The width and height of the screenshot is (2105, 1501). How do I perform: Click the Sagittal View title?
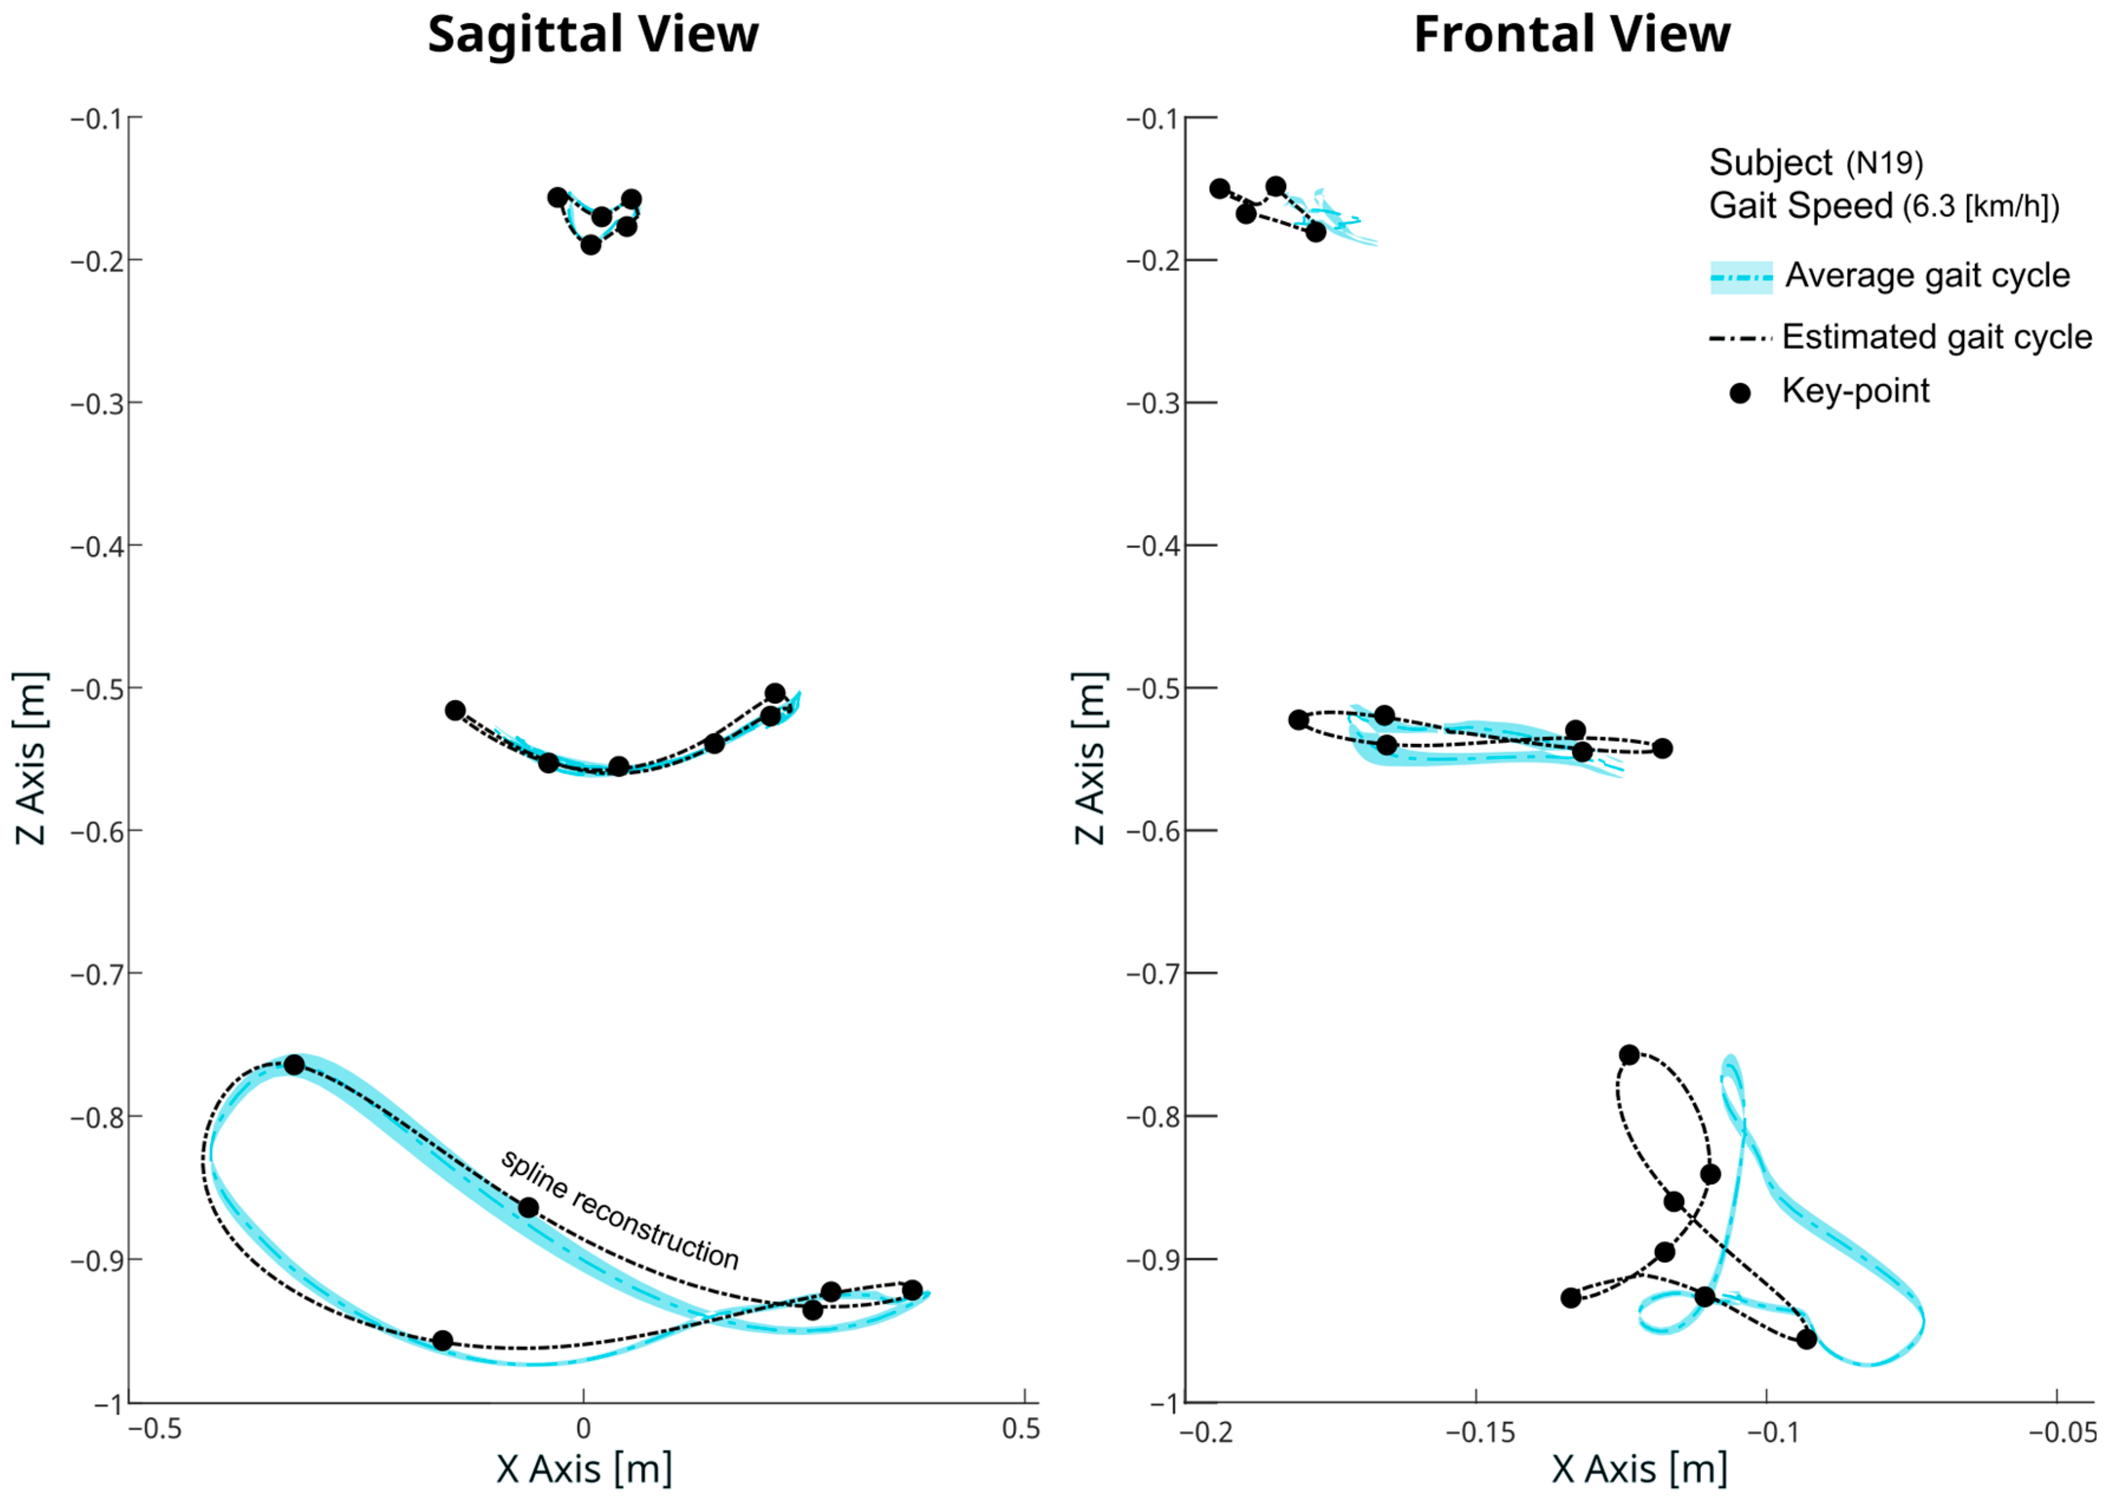(x=592, y=35)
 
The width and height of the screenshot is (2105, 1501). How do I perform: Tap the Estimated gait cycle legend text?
(x=1937, y=337)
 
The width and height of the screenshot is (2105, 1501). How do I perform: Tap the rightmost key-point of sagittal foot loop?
(x=911, y=1290)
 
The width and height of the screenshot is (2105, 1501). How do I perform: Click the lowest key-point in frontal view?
(x=1806, y=1339)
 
